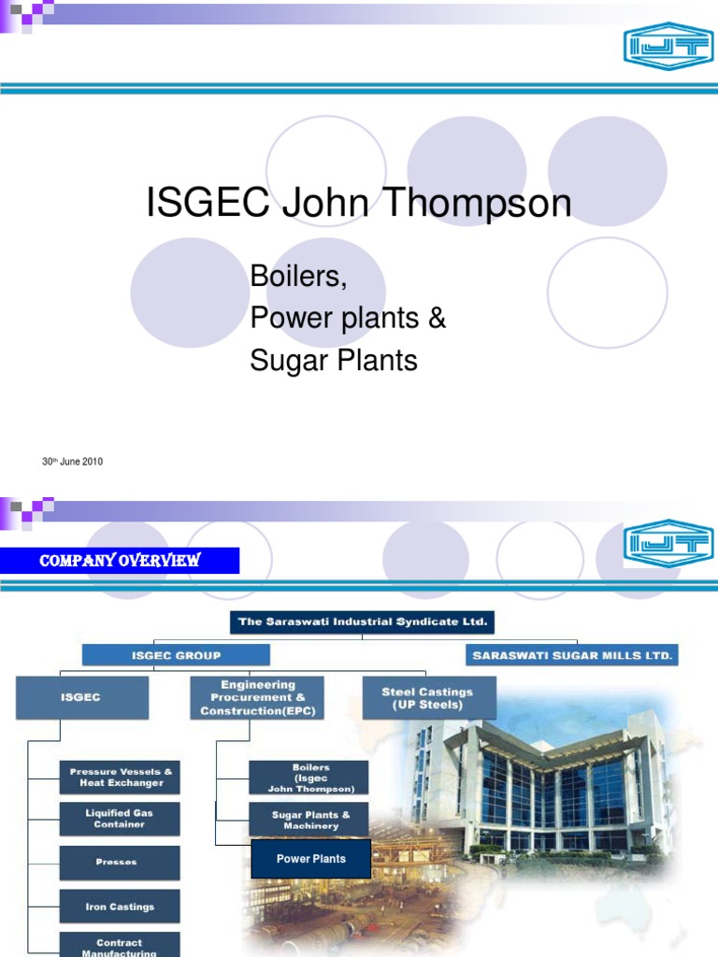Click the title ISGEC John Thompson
click(358, 203)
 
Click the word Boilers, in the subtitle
click(292, 276)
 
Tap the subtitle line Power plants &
click(348, 318)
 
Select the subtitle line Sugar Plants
click(334, 360)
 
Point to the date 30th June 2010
click(72, 462)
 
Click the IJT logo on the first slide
click(668, 47)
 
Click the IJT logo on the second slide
click(668, 544)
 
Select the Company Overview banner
click(120, 560)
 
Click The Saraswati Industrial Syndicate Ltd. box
click(362, 621)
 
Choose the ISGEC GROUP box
click(176, 655)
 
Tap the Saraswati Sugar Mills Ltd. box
click(572, 655)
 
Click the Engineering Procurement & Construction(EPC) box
click(257, 698)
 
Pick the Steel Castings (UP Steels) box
click(428, 698)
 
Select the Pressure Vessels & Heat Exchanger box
click(120, 777)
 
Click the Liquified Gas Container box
click(120, 819)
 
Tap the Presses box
click(120, 862)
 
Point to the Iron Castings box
click(120, 906)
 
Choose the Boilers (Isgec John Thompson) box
click(310, 778)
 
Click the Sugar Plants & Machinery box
click(310, 820)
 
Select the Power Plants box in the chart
click(311, 859)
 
